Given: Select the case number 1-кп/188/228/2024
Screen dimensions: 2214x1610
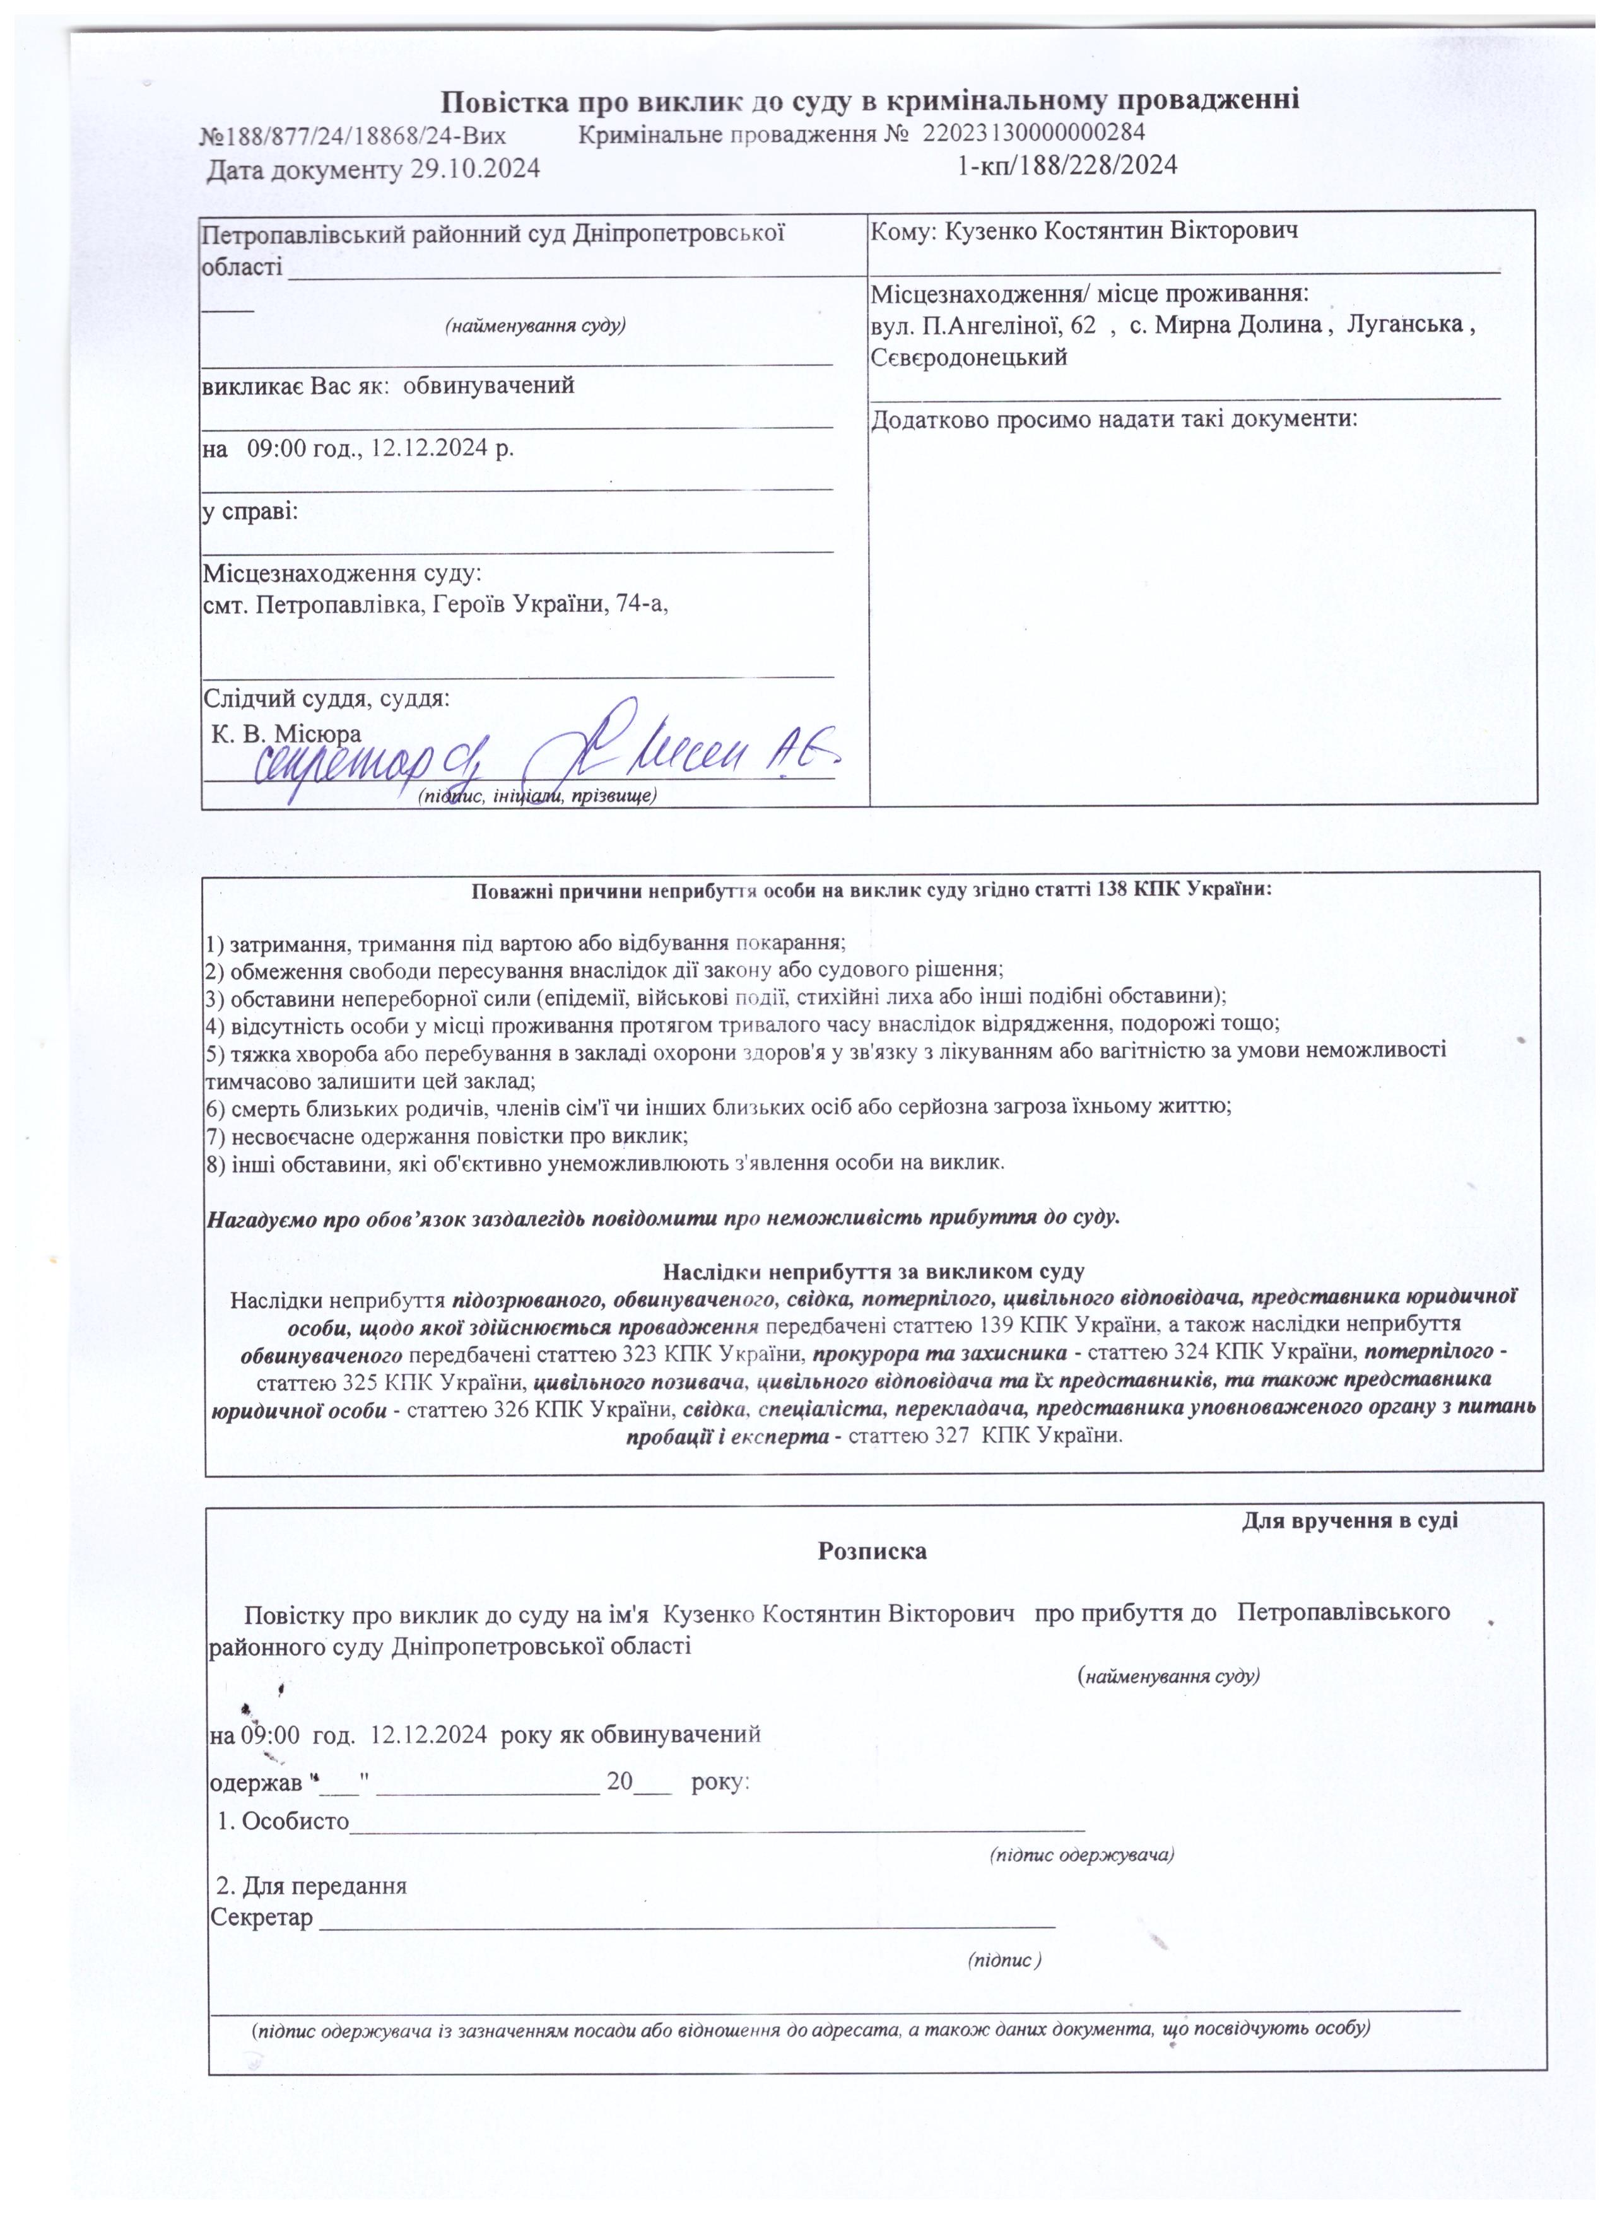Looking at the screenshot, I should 1067,165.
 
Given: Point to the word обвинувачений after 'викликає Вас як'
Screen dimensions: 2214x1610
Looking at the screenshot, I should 488,385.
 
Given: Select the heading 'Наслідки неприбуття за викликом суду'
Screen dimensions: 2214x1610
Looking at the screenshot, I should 874,1272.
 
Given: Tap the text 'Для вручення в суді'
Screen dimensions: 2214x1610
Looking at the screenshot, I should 1349,1521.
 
